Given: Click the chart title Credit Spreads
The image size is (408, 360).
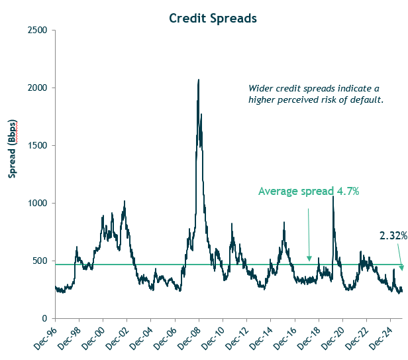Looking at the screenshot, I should (x=213, y=19).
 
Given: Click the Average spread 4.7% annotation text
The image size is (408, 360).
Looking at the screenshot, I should (x=309, y=192).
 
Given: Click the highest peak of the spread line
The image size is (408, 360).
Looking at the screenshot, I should (x=198, y=80).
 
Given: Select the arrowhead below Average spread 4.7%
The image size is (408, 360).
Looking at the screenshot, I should (x=309, y=260).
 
